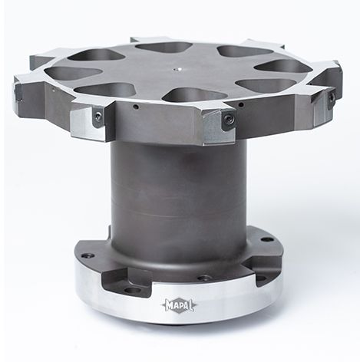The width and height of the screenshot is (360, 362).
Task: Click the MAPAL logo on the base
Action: click(x=179, y=305)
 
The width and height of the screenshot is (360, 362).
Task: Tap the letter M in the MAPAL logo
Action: click(x=170, y=305)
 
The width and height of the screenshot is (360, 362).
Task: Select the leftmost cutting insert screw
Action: click(x=97, y=116)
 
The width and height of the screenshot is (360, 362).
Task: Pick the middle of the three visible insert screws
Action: click(x=227, y=118)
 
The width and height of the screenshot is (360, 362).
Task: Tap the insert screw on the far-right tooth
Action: click(x=331, y=97)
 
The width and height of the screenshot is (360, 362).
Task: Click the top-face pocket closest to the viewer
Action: click(x=194, y=94)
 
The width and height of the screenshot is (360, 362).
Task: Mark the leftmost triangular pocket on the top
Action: click(x=72, y=72)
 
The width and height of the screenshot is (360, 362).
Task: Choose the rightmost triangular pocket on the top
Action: click(x=283, y=67)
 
